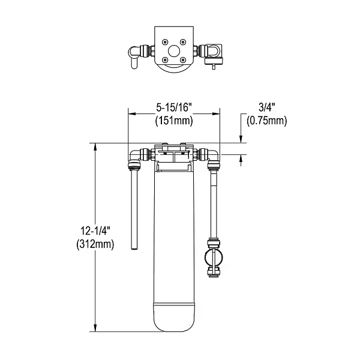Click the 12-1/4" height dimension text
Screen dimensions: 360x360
click(96, 230)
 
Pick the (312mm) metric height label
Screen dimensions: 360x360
click(96, 244)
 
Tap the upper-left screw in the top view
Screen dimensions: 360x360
click(164, 41)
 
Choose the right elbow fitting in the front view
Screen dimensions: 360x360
click(212, 158)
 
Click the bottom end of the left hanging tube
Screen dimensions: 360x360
click(134, 248)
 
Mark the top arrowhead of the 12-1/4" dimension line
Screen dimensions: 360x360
click(95, 145)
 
